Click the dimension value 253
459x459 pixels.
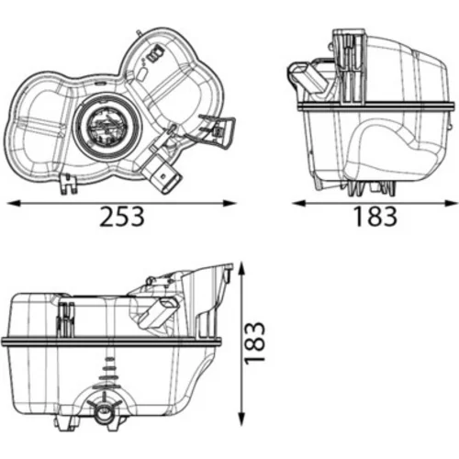tap(122, 217)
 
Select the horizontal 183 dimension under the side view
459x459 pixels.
tap(375, 217)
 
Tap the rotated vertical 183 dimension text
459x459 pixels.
tap(254, 343)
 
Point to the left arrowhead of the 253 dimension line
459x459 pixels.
tap(13, 203)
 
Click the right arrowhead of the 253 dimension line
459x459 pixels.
tap(229, 203)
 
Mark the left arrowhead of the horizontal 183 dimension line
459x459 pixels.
tap(299, 203)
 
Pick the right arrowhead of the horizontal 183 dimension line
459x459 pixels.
tap(452, 203)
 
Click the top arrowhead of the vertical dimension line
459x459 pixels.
tap(242, 268)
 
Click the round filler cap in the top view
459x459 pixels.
tap(107, 125)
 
